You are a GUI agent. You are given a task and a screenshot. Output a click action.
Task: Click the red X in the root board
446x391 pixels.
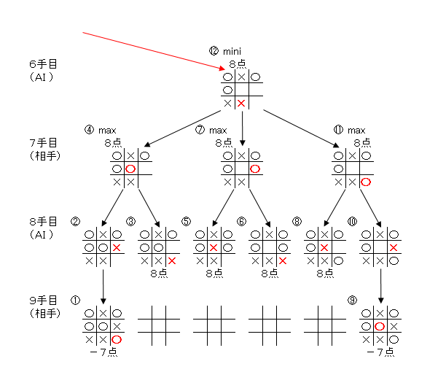pos(241,103)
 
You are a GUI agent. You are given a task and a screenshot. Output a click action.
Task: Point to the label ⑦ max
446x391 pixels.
pos(211,130)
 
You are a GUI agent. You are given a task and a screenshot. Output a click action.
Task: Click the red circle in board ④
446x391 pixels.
pos(130,169)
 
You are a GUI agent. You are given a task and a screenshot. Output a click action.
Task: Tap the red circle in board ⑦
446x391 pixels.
pos(255,169)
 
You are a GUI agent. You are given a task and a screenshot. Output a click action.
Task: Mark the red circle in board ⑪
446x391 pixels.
pos(366,182)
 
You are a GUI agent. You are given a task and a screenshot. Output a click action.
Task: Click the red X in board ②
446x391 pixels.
pos(117,248)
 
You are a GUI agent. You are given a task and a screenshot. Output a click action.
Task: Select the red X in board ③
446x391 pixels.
pos(172,261)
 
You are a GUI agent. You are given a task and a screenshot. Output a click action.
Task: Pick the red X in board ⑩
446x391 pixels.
pos(394,248)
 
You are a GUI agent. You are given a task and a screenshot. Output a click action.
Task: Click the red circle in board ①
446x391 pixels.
pos(117,339)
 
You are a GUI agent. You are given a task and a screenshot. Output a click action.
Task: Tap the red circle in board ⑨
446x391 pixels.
pos(380,326)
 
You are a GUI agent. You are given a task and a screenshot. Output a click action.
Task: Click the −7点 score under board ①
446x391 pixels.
pos(103,352)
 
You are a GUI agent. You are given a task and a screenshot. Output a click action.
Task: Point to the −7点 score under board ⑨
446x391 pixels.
pos(380,352)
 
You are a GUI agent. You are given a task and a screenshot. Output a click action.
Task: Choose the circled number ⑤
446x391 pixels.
pos(186,221)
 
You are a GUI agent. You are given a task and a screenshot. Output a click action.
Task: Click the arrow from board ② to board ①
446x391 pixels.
pos(103,286)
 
